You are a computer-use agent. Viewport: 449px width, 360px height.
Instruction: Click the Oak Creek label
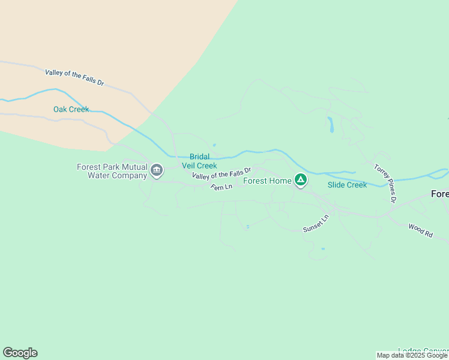71,109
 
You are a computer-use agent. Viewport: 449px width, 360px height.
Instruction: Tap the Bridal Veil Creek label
199,161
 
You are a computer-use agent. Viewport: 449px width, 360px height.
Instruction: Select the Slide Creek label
347,185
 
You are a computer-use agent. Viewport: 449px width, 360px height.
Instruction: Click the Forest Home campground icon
301,179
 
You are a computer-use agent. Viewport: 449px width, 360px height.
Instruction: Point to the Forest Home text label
267,181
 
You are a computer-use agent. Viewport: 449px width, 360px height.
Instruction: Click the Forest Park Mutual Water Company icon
157,170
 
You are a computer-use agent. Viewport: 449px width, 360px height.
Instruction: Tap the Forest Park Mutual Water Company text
112,171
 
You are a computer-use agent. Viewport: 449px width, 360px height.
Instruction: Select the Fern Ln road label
221,188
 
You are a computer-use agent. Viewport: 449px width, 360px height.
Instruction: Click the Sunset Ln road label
316,224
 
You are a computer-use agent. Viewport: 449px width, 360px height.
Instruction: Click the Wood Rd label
420,230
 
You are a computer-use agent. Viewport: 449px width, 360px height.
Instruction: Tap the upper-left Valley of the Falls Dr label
74,77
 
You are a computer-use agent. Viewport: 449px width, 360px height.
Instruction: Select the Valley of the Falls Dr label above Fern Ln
221,174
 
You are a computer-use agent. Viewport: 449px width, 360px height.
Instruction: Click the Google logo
20,353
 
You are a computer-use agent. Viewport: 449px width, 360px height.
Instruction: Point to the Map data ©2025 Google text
412,356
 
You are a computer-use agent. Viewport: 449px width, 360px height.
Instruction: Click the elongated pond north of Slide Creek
330,124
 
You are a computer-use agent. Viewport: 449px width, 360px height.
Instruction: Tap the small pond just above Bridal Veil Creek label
214,145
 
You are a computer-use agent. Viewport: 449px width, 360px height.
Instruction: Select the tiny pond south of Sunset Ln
323,248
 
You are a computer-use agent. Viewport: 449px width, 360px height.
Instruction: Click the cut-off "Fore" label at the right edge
440,194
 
